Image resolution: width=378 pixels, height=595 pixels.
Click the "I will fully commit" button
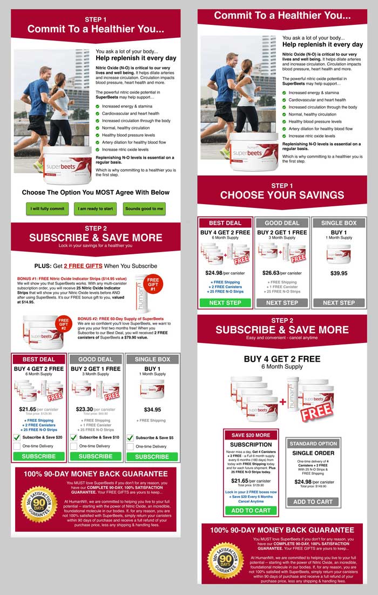coord(48,208)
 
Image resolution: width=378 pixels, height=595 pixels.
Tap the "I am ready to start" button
coord(96,208)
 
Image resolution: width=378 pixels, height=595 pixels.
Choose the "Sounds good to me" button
coord(144,208)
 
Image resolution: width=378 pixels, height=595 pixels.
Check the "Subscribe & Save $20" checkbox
coord(17,438)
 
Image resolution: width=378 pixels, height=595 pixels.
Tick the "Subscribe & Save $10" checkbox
coord(74,438)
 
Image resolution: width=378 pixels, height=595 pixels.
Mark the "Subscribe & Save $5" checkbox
coord(130,438)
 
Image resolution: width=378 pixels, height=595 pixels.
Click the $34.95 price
coord(152,409)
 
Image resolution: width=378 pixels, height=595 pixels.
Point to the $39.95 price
coord(339,273)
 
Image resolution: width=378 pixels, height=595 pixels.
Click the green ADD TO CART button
coord(251,510)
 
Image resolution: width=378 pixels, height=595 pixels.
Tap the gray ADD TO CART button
coord(313,502)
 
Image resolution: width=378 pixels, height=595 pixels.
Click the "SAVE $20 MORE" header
coord(251,435)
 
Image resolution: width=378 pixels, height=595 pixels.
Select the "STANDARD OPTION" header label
coord(313,443)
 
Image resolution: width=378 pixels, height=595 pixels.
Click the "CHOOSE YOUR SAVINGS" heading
coord(282,195)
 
